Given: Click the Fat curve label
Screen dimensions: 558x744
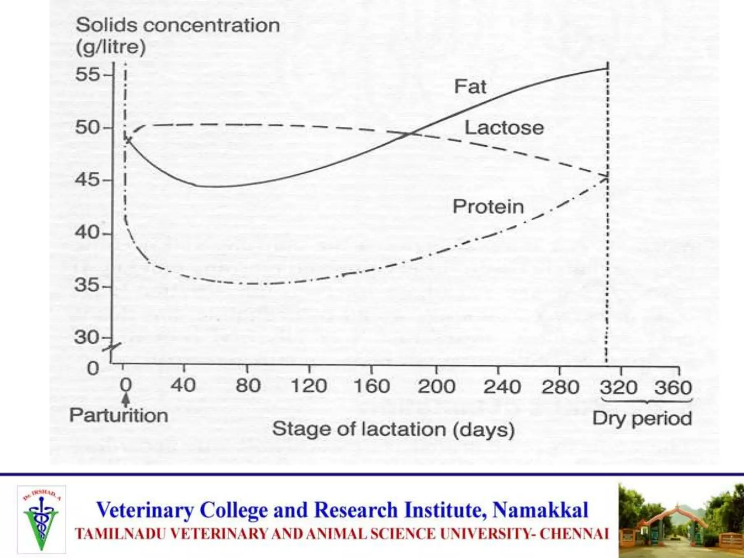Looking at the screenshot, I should click(470, 87).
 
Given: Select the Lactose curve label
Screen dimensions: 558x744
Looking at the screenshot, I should click(504, 128).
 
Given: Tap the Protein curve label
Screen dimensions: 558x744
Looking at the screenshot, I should click(488, 207).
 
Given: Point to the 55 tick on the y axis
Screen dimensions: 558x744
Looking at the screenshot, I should click(87, 75).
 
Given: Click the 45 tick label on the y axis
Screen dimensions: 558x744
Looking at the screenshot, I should click(87, 180).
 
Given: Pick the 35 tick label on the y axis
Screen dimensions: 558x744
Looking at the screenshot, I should click(87, 285).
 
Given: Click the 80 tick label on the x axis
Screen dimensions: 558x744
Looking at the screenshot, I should click(248, 386).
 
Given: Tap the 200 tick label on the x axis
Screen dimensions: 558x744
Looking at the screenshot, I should click(436, 387).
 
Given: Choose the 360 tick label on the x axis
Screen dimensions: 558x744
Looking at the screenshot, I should click(673, 388).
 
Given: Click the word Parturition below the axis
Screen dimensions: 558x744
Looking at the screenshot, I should click(119, 415).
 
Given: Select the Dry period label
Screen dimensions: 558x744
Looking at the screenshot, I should click(642, 419).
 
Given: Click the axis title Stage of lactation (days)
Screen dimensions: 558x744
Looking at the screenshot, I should click(393, 430).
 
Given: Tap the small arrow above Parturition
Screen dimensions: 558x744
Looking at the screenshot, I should click(126, 400).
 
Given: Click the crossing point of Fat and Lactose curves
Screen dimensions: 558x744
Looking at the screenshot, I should click(410, 134).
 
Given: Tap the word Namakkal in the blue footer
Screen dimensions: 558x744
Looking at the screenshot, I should click(540, 510).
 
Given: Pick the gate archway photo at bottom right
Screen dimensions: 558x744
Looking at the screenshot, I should click(680, 520).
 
